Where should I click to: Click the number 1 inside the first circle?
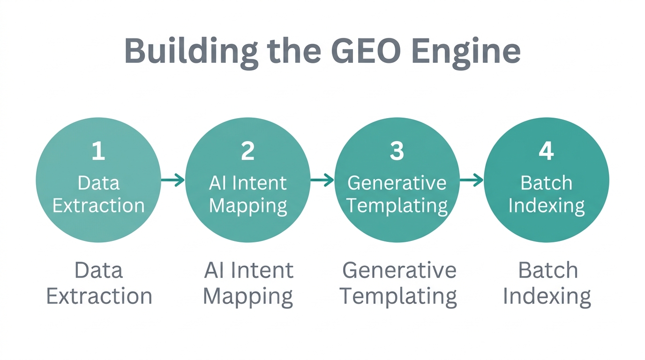click(98, 151)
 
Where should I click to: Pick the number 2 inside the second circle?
click(247, 151)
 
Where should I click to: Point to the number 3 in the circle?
click(397, 151)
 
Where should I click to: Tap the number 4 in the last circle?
click(546, 151)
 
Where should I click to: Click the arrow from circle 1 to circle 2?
click(172, 180)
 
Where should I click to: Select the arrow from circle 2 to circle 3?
click(322, 180)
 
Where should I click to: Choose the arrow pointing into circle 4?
click(471, 180)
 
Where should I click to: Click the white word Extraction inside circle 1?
click(98, 205)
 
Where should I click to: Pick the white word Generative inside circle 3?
click(397, 183)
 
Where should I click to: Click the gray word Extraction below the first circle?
click(99, 296)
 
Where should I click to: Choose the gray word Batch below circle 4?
click(547, 270)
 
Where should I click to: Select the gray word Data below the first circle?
click(98, 270)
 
